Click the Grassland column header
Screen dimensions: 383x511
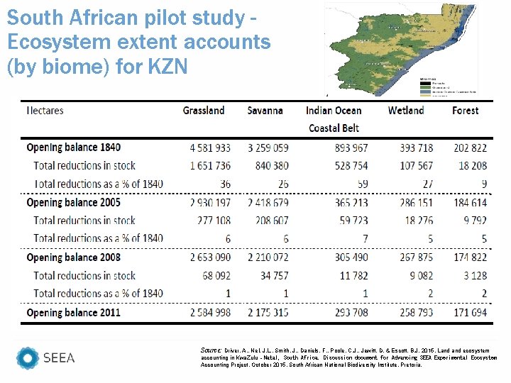click(204, 111)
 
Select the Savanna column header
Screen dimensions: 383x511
click(265, 111)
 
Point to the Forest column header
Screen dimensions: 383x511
click(465, 111)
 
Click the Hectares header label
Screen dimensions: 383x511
click(45, 111)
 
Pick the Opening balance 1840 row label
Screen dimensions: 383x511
click(74, 148)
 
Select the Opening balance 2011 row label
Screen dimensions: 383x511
click(74, 312)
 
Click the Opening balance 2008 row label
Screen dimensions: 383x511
click(74, 257)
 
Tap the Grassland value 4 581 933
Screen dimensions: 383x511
click(210, 148)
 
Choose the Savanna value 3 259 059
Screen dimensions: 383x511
click(268, 148)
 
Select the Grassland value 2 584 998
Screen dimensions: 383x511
click(210, 312)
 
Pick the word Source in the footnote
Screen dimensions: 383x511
click(212, 350)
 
